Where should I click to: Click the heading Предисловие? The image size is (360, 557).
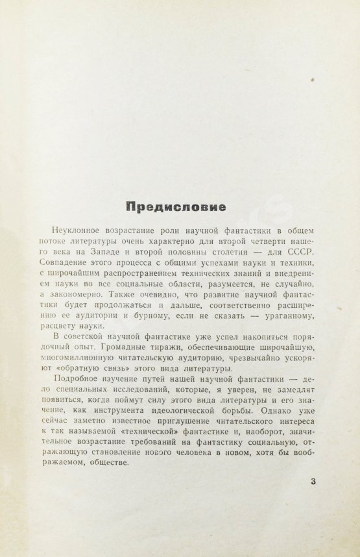tap(176, 208)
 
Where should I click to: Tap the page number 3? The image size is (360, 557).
tap(314, 481)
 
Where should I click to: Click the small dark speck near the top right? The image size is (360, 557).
tap(314, 79)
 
